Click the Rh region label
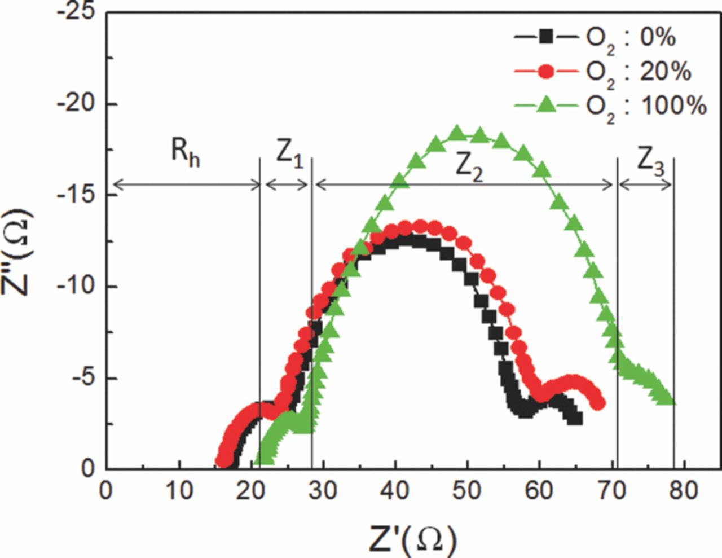click(186, 153)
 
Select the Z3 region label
click(650, 162)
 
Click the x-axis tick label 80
click(684, 491)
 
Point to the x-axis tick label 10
click(179, 491)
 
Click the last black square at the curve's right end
click(576, 419)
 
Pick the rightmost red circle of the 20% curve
click(599, 403)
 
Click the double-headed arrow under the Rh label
click(186, 184)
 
